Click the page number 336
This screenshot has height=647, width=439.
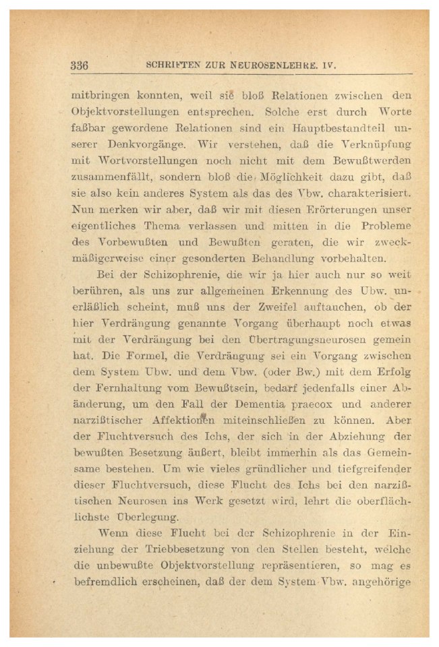pyautogui.click(x=80, y=66)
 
